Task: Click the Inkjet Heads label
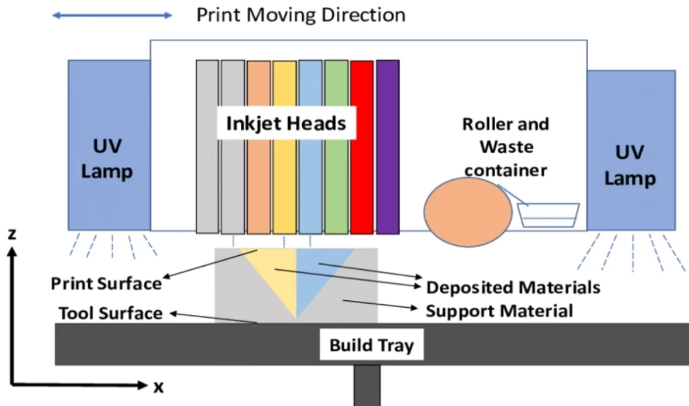coord(286,124)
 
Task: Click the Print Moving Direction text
coord(301,15)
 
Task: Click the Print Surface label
coord(106,283)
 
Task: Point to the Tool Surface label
coord(110,313)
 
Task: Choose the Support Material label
coord(499,311)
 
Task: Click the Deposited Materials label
coord(513,288)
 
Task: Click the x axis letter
coord(159,387)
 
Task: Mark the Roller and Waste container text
coord(505,147)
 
